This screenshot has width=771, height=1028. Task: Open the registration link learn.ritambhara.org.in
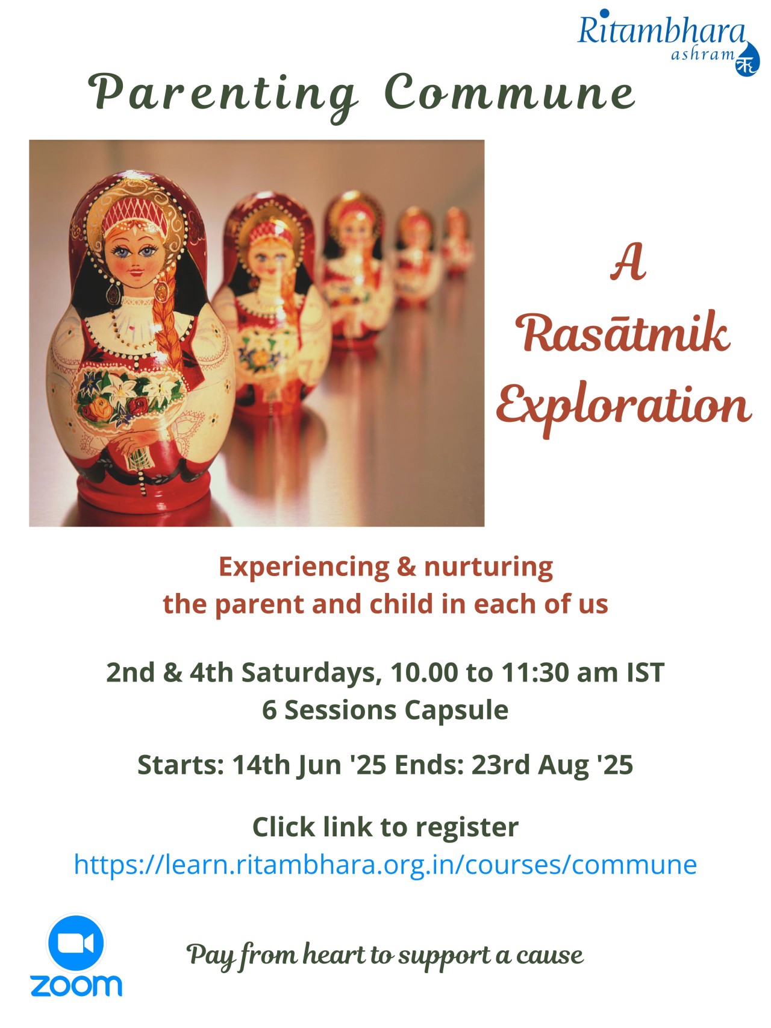385,864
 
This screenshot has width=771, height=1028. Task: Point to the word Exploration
624,407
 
